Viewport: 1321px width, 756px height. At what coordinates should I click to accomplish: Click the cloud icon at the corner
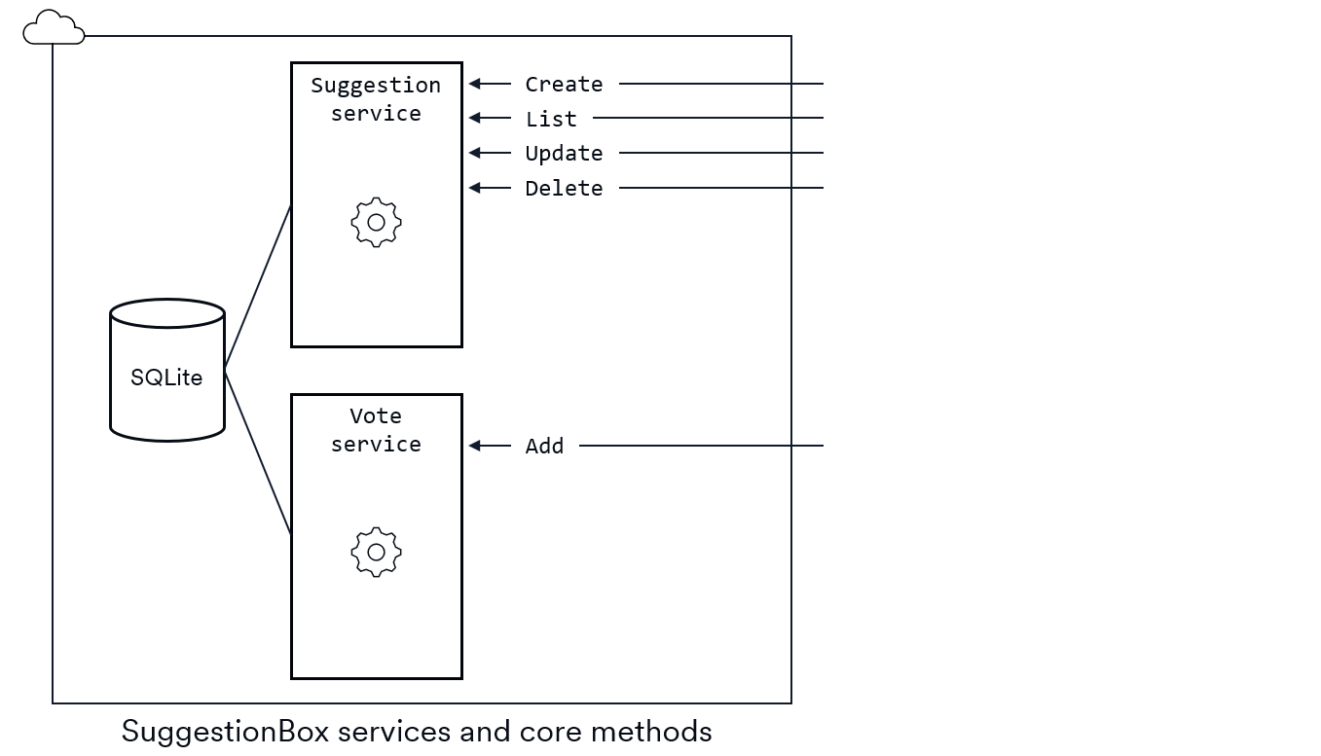pyautogui.click(x=54, y=28)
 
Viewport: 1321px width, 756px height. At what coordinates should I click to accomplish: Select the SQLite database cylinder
pyautogui.click(x=167, y=371)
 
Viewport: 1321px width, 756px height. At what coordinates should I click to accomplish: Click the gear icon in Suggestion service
pyautogui.click(x=376, y=223)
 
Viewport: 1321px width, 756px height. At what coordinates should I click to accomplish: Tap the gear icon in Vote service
pyautogui.click(x=376, y=553)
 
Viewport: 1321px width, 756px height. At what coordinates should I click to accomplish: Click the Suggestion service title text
pyautogui.click(x=376, y=99)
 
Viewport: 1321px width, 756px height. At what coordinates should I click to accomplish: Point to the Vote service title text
pyautogui.click(x=376, y=430)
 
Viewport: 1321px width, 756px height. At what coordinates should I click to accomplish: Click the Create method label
pyautogui.click(x=564, y=85)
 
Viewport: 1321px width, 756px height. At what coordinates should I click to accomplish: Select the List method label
pyautogui.click(x=551, y=119)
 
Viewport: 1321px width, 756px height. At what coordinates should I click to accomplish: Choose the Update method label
pyautogui.click(x=564, y=154)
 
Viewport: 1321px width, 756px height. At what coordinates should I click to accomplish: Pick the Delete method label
pyautogui.click(x=564, y=188)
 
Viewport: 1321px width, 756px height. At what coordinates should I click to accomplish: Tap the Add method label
pyautogui.click(x=544, y=446)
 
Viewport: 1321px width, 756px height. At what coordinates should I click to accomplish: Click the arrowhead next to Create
pyautogui.click(x=475, y=84)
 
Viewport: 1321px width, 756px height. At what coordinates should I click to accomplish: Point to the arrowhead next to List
pyautogui.click(x=475, y=118)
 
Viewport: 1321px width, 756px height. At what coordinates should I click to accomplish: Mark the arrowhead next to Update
pyautogui.click(x=475, y=153)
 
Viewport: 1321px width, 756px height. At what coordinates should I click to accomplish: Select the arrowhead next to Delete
pyautogui.click(x=475, y=187)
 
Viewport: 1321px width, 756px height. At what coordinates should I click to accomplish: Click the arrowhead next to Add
pyautogui.click(x=475, y=446)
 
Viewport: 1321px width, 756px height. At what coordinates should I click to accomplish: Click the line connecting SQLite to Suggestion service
pyautogui.click(x=258, y=288)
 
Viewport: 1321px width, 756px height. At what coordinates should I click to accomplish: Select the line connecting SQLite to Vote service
pyautogui.click(x=258, y=452)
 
